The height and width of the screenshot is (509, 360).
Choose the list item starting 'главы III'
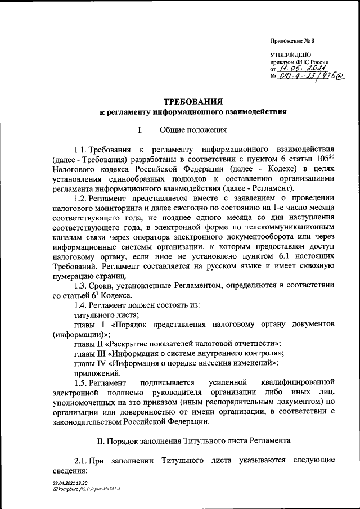point(179,353)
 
